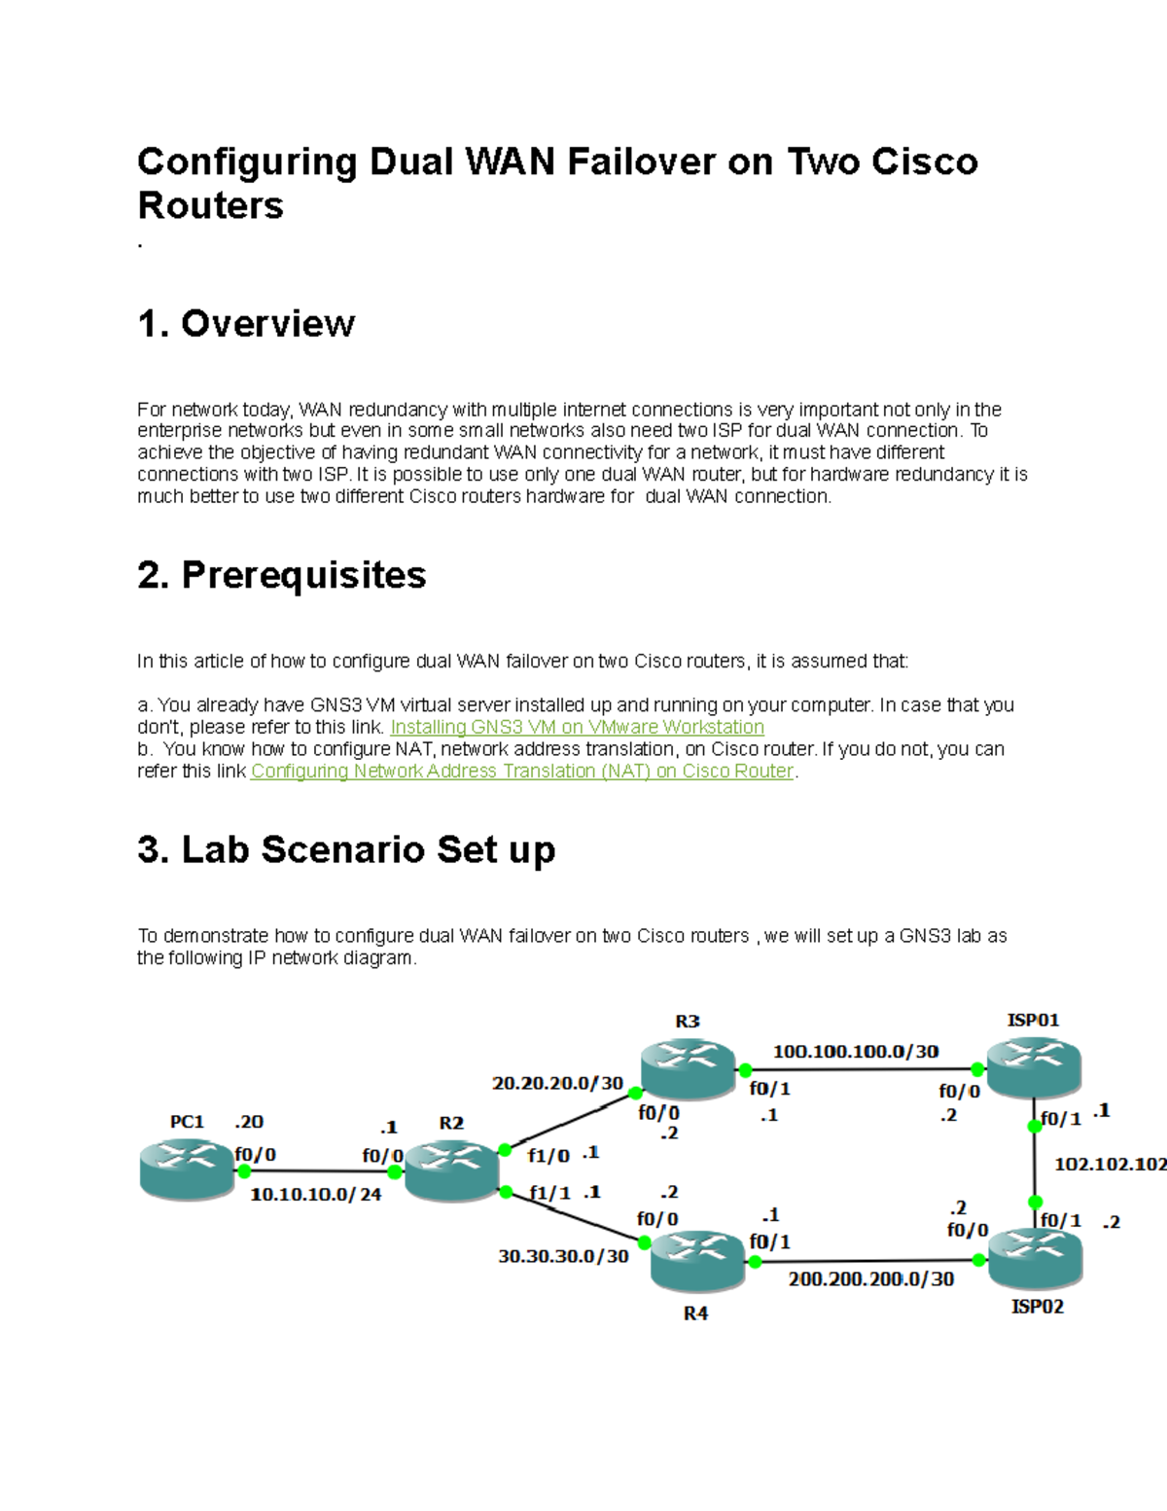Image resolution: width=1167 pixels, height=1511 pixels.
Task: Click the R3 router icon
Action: pos(688,1068)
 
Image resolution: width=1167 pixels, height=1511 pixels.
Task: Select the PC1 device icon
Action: pos(188,1170)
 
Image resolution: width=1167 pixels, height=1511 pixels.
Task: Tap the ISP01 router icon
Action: pos(1033,1067)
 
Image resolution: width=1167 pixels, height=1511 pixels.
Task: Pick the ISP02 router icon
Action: pos(1035,1258)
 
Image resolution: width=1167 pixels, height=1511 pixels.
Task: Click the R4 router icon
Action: pos(697,1261)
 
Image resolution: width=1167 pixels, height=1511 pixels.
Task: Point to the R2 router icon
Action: pos(451,1169)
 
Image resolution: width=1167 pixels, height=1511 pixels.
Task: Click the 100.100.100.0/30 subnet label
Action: pos(856,1052)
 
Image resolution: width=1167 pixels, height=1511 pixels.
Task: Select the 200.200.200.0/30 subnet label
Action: pos(871,1279)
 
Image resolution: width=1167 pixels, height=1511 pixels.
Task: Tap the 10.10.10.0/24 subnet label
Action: pos(316,1195)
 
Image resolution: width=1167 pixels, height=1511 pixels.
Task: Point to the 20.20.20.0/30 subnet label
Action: pos(557,1083)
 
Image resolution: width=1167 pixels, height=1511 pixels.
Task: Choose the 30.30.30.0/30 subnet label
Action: pos(563,1257)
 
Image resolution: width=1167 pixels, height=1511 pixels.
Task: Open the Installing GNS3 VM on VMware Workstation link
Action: pos(577,728)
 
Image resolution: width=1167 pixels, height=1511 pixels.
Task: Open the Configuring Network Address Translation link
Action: pos(522,772)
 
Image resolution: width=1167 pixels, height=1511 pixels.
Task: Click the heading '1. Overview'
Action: pos(246,324)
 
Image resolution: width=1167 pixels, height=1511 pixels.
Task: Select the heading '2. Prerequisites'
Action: pos(282,575)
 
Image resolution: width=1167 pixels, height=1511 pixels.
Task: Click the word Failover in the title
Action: pos(642,162)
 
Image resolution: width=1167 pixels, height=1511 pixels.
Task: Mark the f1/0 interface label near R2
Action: pos(548,1157)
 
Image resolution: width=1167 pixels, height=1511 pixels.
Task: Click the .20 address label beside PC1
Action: pos(249,1122)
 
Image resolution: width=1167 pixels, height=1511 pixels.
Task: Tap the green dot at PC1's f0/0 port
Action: pos(244,1171)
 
